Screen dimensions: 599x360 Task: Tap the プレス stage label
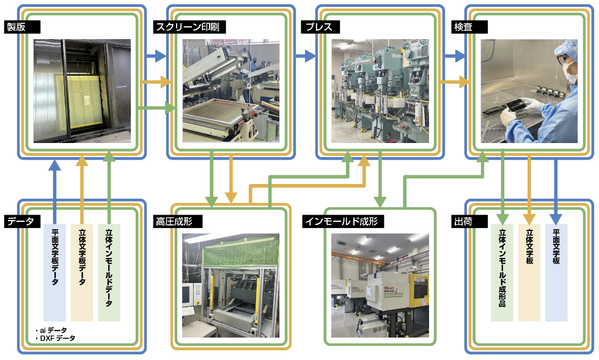(321, 27)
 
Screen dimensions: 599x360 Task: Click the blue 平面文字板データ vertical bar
(54, 273)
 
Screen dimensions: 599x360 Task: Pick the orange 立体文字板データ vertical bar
(82, 273)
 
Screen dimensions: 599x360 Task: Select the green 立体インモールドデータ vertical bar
(109, 273)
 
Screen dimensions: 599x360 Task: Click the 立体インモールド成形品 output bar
(502, 273)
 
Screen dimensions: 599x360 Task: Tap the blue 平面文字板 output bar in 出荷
(556, 273)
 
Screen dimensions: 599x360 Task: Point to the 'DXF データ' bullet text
(56, 338)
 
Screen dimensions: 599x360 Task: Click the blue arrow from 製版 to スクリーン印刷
(156, 56)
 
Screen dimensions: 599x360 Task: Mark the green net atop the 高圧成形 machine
(241, 254)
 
